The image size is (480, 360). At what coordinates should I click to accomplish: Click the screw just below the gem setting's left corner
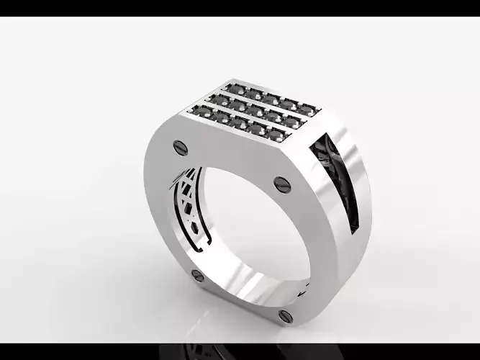point(180,148)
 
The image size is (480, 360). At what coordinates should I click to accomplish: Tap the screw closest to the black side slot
point(281,184)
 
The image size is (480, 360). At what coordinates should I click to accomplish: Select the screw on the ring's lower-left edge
point(196,276)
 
